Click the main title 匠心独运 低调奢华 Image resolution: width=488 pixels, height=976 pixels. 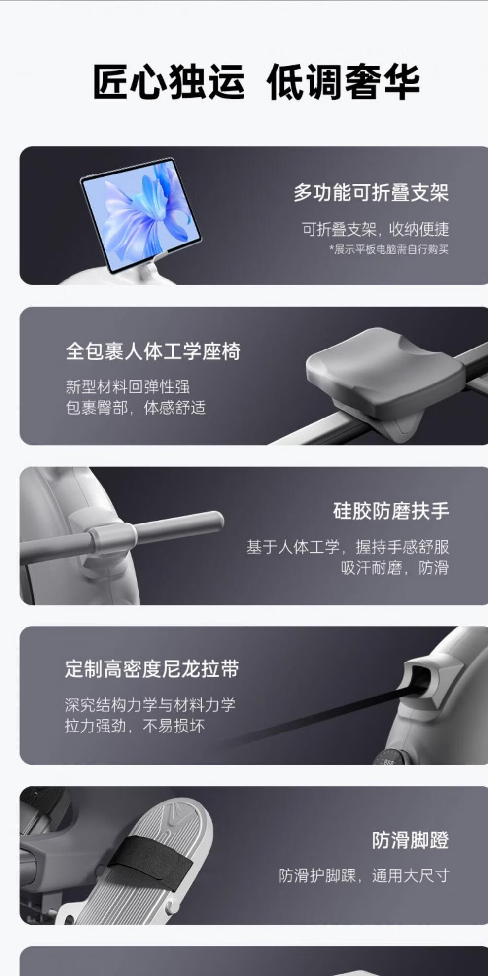click(x=256, y=82)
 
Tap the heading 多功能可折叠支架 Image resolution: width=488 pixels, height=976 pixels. click(x=371, y=192)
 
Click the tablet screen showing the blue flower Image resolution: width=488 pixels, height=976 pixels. click(x=141, y=216)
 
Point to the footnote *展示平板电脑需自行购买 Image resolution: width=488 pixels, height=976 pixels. click(x=389, y=249)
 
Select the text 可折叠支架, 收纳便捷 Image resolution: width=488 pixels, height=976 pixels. click(x=376, y=229)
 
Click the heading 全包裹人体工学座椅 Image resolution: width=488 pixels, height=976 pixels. click(x=153, y=351)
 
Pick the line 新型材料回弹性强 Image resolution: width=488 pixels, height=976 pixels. click(x=128, y=386)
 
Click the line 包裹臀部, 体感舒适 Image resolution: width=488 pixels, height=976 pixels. click(x=136, y=408)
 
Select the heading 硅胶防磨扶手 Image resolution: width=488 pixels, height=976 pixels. click(x=391, y=511)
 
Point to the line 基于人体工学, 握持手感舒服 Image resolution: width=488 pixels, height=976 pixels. click(x=348, y=547)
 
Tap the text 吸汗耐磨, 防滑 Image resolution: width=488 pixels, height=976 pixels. click(x=395, y=568)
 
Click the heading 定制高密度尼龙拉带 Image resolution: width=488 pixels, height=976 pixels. click(x=152, y=669)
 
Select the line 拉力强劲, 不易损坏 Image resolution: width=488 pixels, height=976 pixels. click(x=135, y=726)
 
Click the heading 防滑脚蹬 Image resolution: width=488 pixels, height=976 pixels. click(x=410, y=840)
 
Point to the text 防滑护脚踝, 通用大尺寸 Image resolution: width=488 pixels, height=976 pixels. click(x=364, y=875)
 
